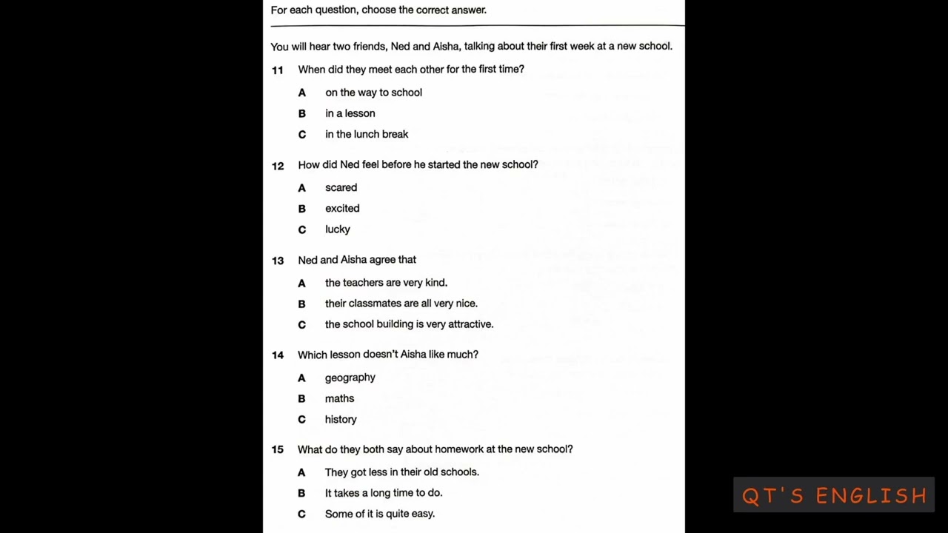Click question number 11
[x=278, y=70]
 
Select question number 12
[x=278, y=166]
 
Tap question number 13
[x=278, y=261]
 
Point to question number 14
[x=278, y=355]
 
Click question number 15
[x=278, y=450]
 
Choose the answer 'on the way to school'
[x=373, y=93]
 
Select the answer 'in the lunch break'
[x=367, y=134]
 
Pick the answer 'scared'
[x=341, y=188]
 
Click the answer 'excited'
[x=342, y=209]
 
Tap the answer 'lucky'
[x=338, y=229]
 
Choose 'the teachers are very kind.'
[x=386, y=283]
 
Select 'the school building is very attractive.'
[x=409, y=324]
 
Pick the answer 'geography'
[x=350, y=378]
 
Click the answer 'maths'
[x=339, y=398]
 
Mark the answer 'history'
[x=341, y=419]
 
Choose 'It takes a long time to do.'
[x=384, y=493]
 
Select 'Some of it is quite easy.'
[x=380, y=514]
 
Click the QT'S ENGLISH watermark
[x=834, y=495]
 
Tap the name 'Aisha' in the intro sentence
[x=446, y=47]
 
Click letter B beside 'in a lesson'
[x=301, y=113]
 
